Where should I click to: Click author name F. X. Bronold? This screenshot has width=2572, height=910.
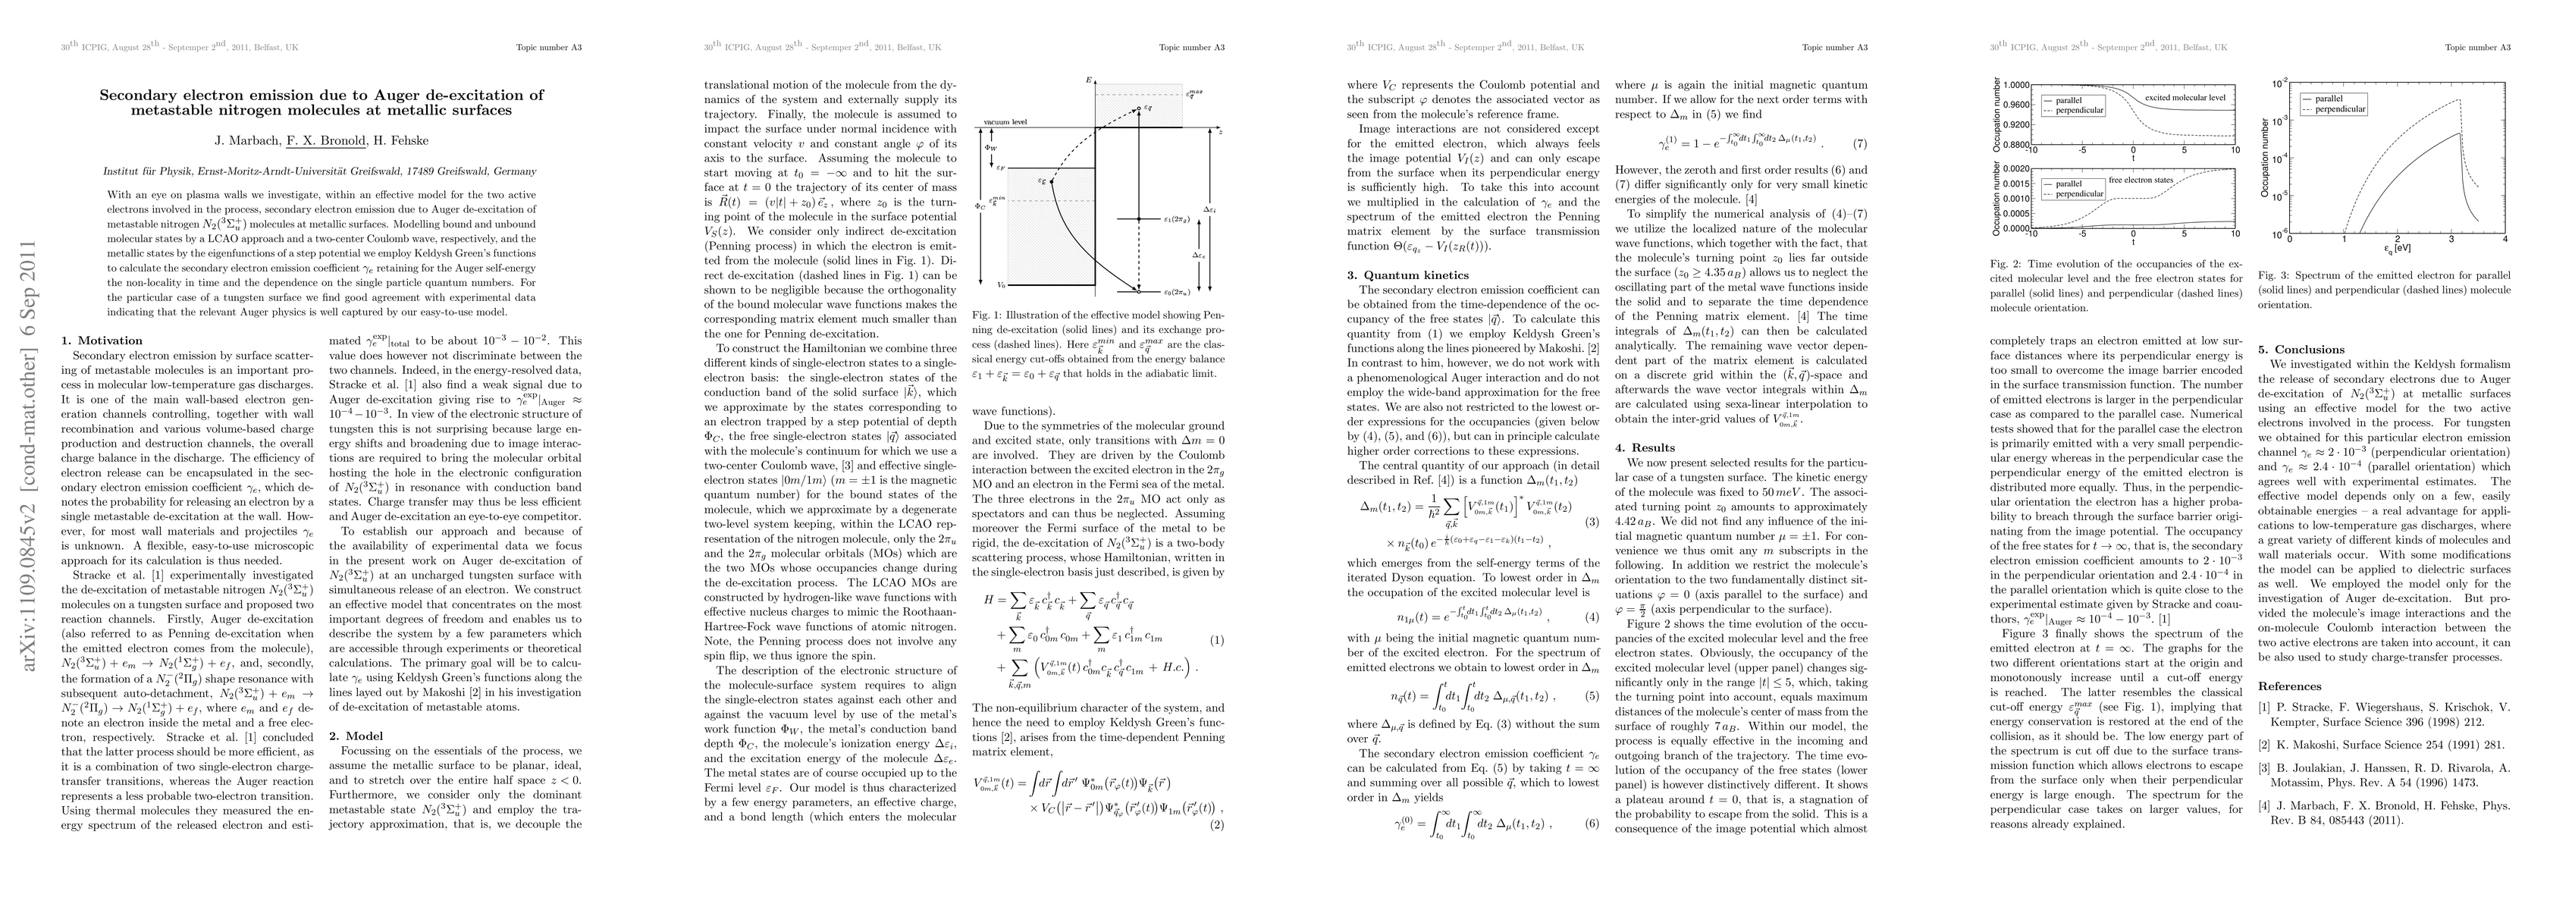(x=325, y=141)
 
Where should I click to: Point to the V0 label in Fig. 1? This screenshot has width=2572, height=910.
(x=986, y=284)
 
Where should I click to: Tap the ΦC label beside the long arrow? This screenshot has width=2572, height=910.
(x=980, y=208)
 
